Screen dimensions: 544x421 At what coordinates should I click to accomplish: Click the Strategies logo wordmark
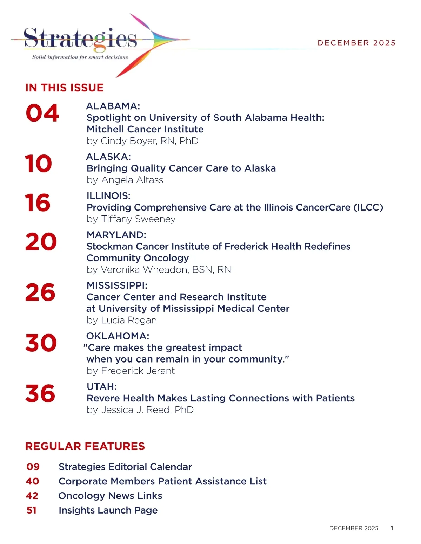[x=80, y=38]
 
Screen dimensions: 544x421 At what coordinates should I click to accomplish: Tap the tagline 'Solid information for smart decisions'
[x=80, y=57]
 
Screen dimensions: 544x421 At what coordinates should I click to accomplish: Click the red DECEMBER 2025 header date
[x=356, y=43]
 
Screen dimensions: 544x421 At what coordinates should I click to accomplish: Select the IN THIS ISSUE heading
[x=65, y=88]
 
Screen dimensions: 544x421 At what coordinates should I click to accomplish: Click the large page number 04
[x=42, y=113]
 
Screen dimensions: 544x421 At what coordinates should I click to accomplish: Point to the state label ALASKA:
[x=108, y=157]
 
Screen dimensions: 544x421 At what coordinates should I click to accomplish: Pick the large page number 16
[x=38, y=203]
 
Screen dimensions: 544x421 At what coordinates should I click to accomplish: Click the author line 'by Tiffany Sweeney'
[x=131, y=219]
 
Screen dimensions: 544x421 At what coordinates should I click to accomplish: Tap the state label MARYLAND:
[x=116, y=235]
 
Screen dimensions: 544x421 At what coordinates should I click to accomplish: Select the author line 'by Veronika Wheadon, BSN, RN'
[x=159, y=269]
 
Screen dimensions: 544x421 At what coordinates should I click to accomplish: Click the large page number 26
[x=40, y=292]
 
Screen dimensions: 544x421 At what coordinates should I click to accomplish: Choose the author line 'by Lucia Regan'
[x=121, y=320]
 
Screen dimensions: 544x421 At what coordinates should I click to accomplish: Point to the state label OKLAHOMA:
[x=118, y=336]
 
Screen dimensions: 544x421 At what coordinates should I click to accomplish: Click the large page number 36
[x=40, y=393]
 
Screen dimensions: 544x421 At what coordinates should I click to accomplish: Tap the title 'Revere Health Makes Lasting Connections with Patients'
[x=220, y=398]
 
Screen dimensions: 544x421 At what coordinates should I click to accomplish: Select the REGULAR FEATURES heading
[x=85, y=446]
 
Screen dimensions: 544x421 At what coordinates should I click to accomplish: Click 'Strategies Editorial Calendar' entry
[x=125, y=467]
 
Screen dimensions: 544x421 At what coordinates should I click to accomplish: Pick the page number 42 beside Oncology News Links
[x=32, y=496]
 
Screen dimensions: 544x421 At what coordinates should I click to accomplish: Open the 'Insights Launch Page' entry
[x=108, y=510]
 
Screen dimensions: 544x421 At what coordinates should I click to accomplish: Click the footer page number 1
[x=392, y=528]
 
